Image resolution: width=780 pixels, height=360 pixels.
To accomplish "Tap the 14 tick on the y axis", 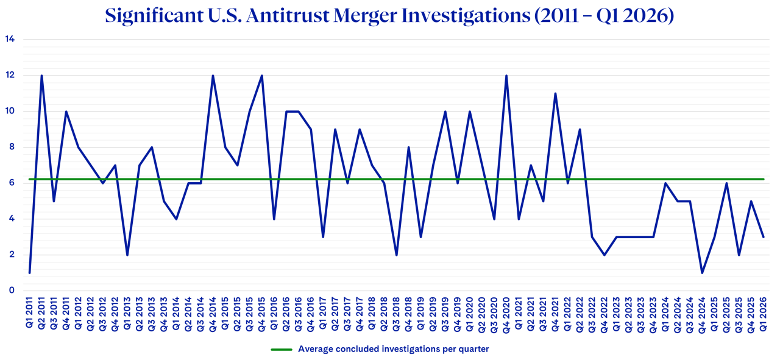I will coord(10,40).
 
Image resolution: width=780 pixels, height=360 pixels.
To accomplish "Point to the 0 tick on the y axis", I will coord(11,291).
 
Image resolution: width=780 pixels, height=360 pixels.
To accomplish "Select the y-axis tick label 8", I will coord(11,147).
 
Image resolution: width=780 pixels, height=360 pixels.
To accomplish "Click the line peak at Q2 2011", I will coord(41,76).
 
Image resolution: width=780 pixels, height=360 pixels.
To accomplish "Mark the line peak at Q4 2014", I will coord(213,76).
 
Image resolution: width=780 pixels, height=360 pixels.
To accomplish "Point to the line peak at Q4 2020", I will coord(506,76).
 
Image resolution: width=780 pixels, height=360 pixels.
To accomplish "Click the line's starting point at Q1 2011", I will coord(29,272).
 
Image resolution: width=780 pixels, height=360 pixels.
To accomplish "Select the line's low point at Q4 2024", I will coord(702,272).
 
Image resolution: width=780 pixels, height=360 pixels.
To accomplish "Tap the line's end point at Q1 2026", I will coord(764,237).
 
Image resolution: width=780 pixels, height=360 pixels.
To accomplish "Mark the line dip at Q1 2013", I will coord(127,255).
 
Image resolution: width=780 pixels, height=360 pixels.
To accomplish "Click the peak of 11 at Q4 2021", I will coord(555,93).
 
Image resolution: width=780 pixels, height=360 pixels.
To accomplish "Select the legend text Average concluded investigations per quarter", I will coord(393,349).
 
